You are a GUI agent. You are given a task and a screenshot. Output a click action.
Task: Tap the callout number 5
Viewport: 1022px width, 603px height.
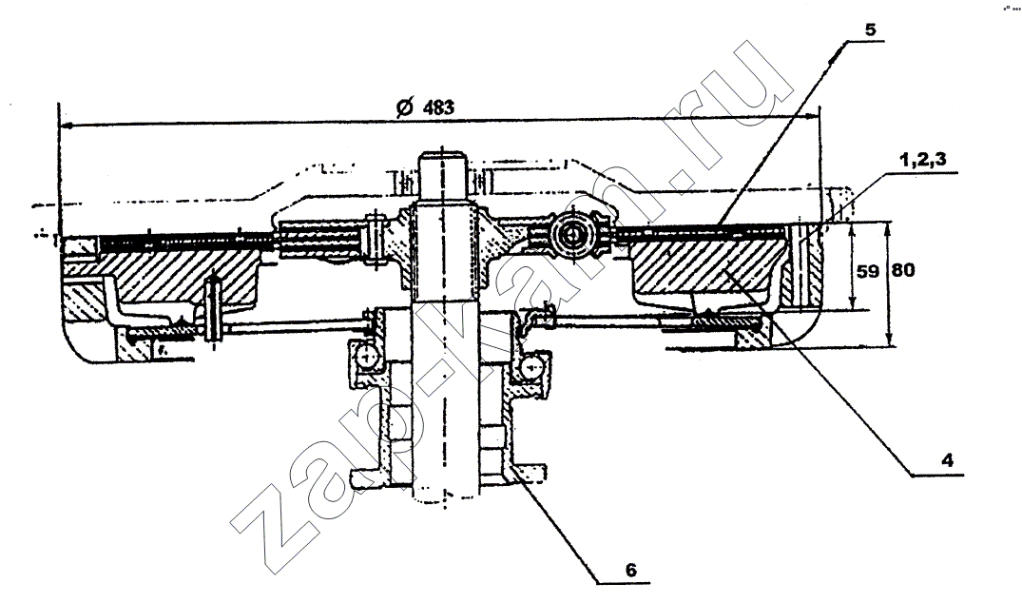pos(871,30)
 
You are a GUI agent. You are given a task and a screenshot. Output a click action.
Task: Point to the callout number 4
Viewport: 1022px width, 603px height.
pos(947,460)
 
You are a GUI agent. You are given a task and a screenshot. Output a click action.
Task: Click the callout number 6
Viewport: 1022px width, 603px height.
pos(630,569)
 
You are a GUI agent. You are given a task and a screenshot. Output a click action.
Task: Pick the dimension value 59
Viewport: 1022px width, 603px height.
pos(868,270)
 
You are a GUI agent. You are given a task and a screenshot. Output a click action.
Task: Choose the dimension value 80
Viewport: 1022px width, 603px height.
pos(903,270)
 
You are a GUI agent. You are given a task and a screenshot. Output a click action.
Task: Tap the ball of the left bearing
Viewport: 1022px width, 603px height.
pos(366,356)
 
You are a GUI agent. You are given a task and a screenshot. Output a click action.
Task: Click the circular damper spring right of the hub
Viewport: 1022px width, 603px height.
pos(572,233)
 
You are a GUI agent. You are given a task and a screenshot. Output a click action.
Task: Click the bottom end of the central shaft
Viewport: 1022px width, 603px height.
pos(445,496)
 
